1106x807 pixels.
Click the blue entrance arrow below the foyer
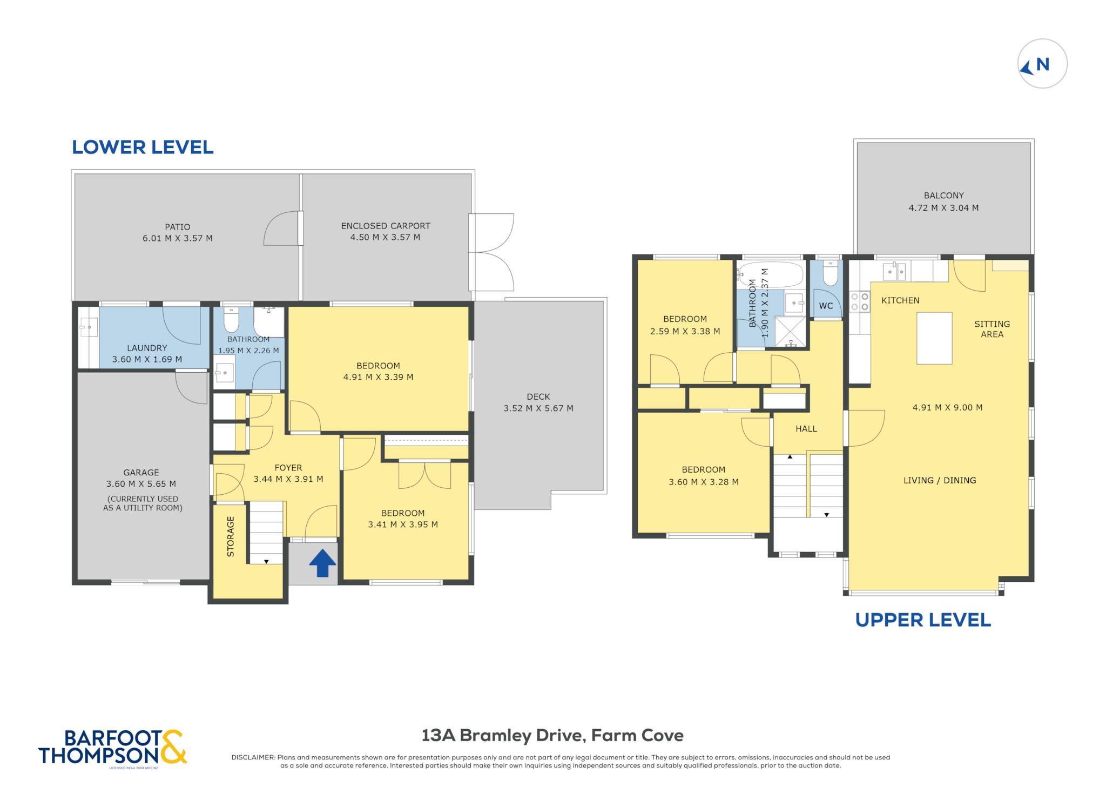point(322,563)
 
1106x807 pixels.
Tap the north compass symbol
point(1042,64)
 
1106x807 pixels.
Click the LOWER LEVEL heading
point(143,147)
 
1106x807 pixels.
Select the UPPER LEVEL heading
point(923,620)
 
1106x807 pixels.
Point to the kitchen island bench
point(934,338)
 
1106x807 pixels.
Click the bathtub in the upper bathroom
point(771,275)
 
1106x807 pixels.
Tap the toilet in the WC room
point(830,273)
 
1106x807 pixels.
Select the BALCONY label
point(943,196)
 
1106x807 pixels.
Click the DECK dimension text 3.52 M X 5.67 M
point(538,408)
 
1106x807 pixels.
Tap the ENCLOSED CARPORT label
point(386,226)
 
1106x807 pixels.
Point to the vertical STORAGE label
point(231,536)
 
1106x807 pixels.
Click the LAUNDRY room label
point(147,348)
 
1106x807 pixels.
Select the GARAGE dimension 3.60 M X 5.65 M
point(141,484)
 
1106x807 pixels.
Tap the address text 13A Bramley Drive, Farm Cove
point(552,735)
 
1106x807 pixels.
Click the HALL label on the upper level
point(806,429)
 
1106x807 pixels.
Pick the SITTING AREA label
point(992,329)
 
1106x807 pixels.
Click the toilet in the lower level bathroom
point(231,319)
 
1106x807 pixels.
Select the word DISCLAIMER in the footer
point(253,757)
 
